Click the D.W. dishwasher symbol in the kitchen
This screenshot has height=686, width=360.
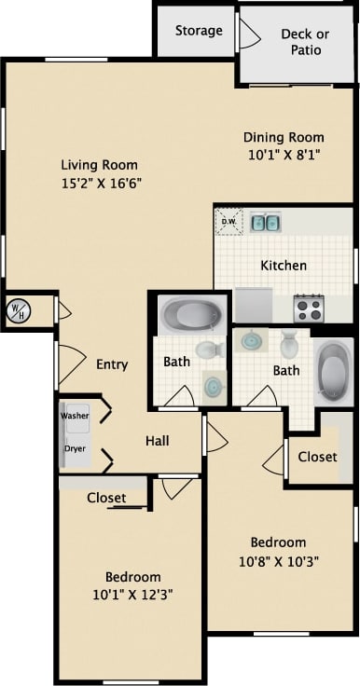(x=228, y=222)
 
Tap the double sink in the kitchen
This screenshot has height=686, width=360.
(x=265, y=222)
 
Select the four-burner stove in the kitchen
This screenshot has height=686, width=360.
(x=309, y=308)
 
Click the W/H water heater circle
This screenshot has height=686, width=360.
(x=18, y=311)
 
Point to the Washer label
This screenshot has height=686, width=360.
(x=76, y=415)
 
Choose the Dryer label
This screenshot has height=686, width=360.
(x=75, y=448)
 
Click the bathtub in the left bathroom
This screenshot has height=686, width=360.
(x=190, y=315)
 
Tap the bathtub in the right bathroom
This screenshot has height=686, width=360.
(x=333, y=371)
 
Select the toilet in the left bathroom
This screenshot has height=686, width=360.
(x=209, y=350)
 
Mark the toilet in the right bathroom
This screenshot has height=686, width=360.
(x=289, y=345)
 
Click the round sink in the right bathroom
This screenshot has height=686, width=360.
(x=252, y=340)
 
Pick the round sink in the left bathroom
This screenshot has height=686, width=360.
(x=215, y=385)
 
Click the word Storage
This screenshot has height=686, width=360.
(x=199, y=31)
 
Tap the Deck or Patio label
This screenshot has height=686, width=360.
(x=305, y=42)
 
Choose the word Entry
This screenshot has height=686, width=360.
(x=112, y=364)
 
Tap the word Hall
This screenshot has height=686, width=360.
(x=157, y=440)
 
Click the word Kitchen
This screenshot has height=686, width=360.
(x=284, y=266)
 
